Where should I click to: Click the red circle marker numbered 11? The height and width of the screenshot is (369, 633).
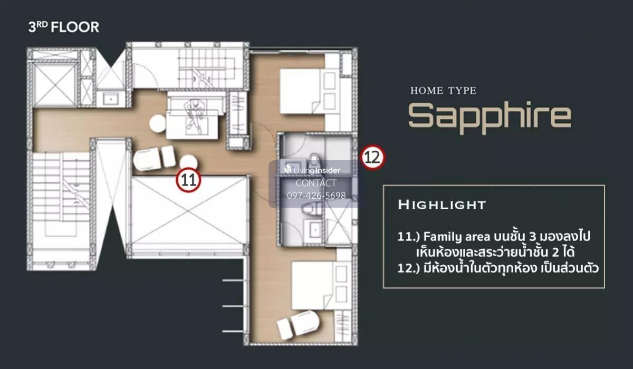pyautogui.click(x=188, y=180)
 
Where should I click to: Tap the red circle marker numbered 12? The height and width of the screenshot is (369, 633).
pyautogui.click(x=372, y=157)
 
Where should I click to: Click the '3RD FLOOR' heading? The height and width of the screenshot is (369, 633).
pyautogui.click(x=64, y=27)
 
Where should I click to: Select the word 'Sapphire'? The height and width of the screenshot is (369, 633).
pyautogui.click(x=490, y=117)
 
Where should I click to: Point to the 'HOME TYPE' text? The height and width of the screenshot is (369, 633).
pyautogui.click(x=444, y=91)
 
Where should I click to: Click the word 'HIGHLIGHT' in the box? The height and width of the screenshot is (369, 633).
pyautogui.click(x=442, y=205)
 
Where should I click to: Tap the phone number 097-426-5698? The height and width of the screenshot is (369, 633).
pyautogui.click(x=316, y=196)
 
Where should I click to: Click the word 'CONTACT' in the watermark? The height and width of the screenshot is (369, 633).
pyautogui.click(x=316, y=183)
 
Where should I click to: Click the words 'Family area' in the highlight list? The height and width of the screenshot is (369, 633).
pyautogui.click(x=456, y=237)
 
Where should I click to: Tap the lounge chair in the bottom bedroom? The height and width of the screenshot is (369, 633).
pyautogui.click(x=298, y=325)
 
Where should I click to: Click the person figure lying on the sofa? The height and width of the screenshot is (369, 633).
pyautogui.click(x=195, y=116)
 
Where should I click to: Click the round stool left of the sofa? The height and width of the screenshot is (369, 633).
pyautogui.click(x=158, y=124)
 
